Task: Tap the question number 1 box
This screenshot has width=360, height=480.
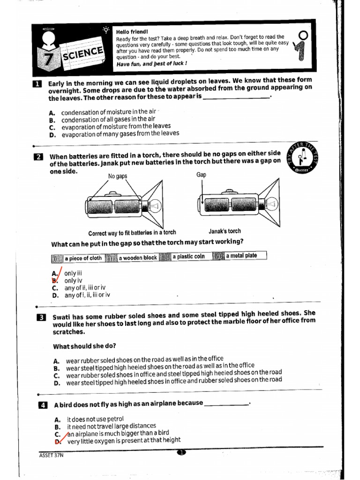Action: tap(37, 84)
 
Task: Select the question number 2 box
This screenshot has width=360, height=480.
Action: tap(38, 157)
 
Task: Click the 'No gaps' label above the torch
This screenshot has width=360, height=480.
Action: tap(118, 176)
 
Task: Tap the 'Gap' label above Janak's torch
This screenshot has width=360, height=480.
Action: tap(201, 174)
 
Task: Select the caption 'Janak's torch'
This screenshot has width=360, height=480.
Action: tap(224, 231)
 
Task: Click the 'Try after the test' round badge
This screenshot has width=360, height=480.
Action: tap(305, 157)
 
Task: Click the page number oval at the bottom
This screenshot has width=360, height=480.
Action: tap(182, 452)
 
